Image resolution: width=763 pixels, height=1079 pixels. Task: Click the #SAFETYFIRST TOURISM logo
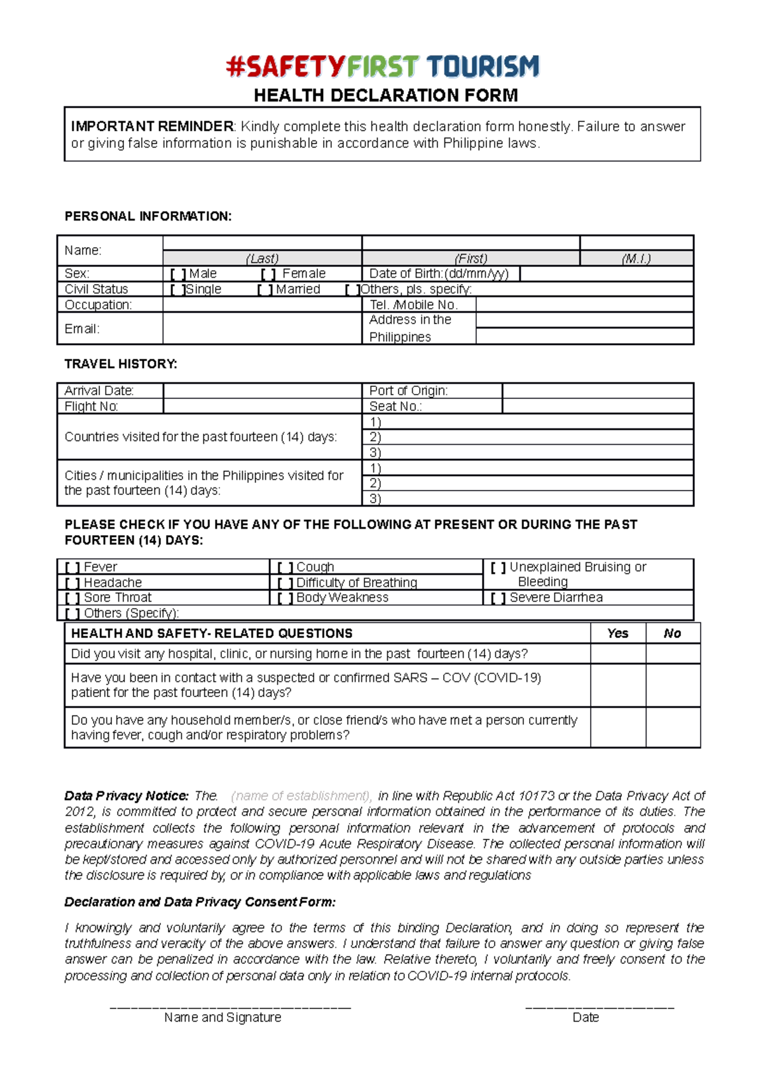(382, 67)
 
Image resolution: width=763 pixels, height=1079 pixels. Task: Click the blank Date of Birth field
(606, 274)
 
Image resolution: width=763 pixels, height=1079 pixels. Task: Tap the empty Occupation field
(261, 305)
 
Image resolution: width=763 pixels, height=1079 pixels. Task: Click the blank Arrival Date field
(261, 391)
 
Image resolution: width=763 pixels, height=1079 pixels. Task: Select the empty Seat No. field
(597, 407)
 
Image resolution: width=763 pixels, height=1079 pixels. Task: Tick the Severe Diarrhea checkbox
(498, 598)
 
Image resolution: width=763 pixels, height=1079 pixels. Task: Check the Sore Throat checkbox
(72, 598)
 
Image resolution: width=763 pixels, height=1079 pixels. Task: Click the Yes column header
(617, 634)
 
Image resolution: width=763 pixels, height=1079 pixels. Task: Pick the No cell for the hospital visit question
(673, 654)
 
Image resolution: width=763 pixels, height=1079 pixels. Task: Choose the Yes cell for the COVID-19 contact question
(617, 686)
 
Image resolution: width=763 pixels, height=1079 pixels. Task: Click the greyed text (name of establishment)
(301, 796)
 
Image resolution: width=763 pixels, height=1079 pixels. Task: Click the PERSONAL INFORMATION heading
(148, 217)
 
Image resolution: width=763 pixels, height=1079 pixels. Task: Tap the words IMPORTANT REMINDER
(152, 126)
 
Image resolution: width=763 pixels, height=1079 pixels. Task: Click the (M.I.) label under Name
(636, 259)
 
